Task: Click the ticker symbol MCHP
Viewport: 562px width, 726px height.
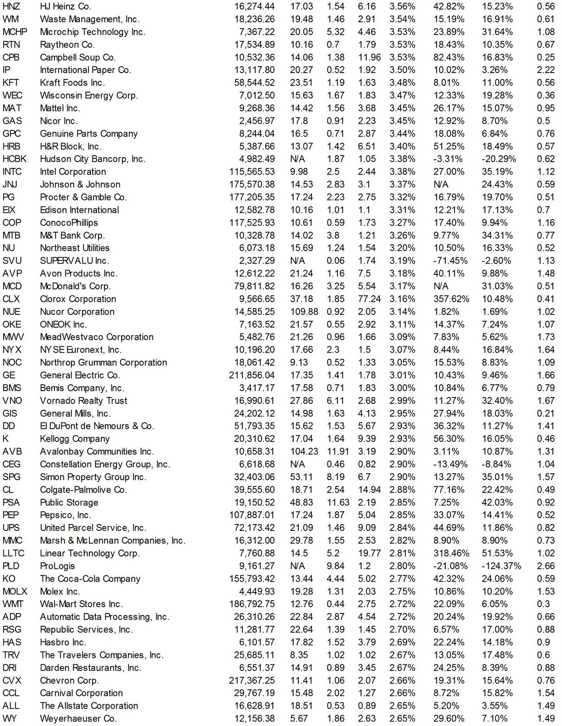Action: click(x=15, y=32)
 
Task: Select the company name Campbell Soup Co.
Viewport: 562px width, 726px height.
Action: click(x=78, y=57)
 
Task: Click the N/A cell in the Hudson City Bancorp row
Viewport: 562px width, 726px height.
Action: click(x=297, y=159)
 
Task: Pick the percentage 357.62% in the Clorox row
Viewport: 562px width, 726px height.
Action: click(x=449, y=299)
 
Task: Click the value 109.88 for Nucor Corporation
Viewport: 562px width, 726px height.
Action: click(x=304, y=312)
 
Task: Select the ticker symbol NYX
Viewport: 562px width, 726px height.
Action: click(x=12, y=350)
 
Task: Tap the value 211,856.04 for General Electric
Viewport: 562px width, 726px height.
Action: click(x=252, y=375)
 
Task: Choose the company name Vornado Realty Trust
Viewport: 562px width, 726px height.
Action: click(x=84, y=401)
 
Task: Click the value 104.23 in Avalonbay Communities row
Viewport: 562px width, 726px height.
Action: click(x=304, y=451)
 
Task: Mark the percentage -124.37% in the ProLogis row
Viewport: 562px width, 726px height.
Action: click(x=501, y=566)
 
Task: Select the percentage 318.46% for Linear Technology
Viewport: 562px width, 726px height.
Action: click(x=449, y=553)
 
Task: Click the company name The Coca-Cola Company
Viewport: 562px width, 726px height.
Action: click(x=90, y=579)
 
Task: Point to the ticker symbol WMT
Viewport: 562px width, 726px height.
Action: click(x=13, y=604)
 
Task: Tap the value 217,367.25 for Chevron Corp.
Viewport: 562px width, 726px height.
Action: click(x=252, y=680)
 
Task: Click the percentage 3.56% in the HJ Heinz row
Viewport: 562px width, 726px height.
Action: click(x=402, y=6)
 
